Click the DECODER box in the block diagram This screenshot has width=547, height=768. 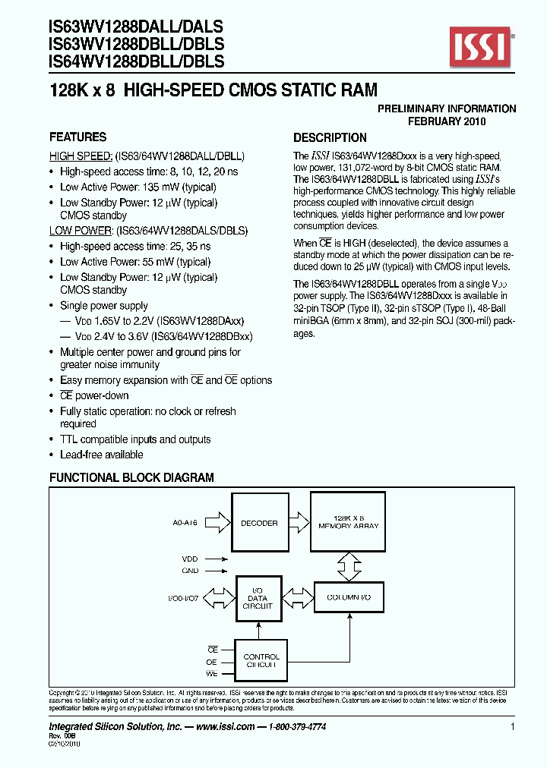(x=258, y=523)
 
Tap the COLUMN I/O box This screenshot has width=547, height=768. (x=349, y=598)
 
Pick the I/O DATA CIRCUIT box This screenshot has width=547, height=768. (x=258, y=596)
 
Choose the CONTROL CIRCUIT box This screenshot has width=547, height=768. (x=261, y=660)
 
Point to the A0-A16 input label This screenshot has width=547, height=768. (x=184, y=523)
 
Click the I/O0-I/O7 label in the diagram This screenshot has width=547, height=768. (x=184, y=597)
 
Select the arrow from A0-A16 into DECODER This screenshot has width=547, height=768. (x=217, y=523)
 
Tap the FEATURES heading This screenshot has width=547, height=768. (x=77, y=137)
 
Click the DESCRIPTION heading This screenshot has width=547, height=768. (x=330, y=138)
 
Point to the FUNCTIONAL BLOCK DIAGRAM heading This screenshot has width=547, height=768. (x=131, y=477)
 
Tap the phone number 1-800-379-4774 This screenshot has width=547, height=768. (x=296, y=727)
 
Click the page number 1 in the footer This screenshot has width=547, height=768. (x=513, y=727)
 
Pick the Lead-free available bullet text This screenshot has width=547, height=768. (x=101, y=455)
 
